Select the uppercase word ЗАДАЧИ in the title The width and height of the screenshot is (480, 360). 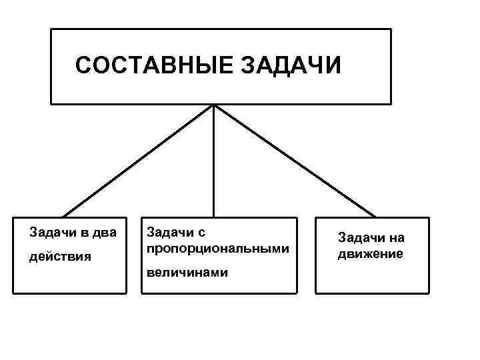[289, 66]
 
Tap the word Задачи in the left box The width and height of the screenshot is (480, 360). [51, 233]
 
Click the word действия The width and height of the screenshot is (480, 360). [61, 257]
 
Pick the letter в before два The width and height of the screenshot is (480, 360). [81, 233]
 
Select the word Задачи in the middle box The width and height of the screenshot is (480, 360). [165, 233]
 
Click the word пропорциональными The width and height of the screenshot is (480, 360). [217, 249]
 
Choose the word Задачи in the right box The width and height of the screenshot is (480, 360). [359, 238]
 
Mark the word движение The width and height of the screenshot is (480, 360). [370, 253]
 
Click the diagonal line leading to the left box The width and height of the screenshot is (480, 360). [138, 161]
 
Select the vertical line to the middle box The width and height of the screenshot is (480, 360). [213, 161]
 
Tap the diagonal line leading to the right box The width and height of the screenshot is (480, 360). [294, 161]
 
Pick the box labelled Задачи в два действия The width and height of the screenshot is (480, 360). [69, 280]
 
